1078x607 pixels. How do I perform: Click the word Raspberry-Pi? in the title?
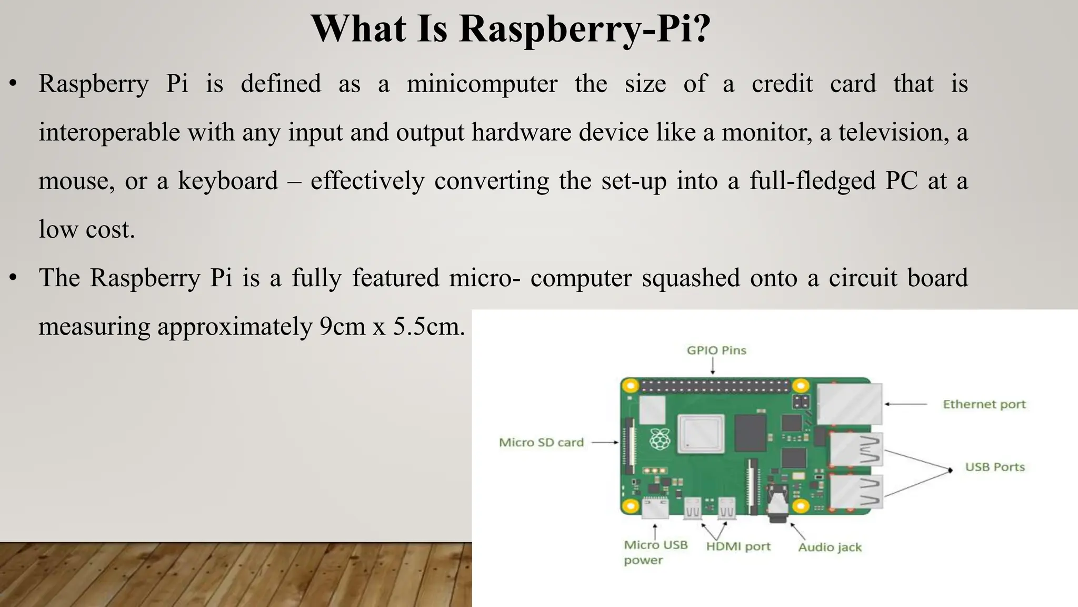coord(584,28)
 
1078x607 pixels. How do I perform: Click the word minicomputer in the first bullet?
coord(482,84)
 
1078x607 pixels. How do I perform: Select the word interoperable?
coord(109,132)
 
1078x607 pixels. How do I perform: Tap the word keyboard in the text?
coord(227,181)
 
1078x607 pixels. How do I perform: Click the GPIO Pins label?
coord(716,350)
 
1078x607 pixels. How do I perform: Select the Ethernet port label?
coord(984,405)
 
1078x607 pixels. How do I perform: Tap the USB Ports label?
coord(994,467)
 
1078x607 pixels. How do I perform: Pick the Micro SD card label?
coord(541,443)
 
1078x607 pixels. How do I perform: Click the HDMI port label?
coord(738,547)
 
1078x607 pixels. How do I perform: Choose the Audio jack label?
coord(830,547)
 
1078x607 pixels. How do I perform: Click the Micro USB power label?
coord(655,552)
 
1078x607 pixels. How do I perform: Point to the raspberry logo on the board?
coord(660,439)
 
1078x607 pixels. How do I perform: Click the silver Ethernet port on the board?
coord(849,404)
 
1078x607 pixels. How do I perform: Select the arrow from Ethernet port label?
coord(905,404)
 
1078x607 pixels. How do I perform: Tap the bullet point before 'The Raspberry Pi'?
coord(14,278)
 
